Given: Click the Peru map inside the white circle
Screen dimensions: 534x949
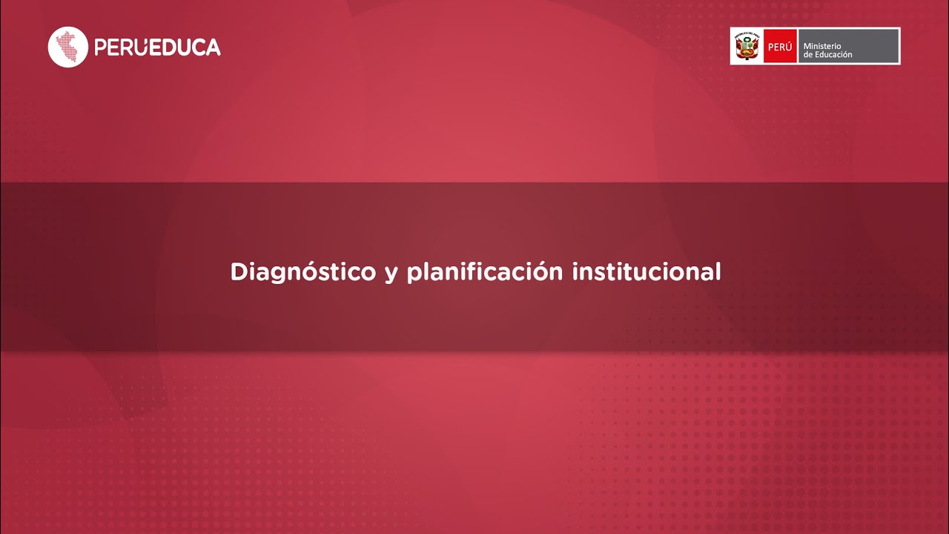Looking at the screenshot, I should (68, 47).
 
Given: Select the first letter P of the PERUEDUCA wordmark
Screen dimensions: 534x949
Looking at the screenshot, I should (101, 47).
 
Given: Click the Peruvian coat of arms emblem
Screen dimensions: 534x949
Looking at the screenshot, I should (747, 46).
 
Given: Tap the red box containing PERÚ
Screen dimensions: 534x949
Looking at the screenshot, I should (780, 46).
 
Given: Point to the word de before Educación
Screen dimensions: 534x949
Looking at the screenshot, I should (808, 55).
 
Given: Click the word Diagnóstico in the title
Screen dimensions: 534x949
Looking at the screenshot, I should (302, 272).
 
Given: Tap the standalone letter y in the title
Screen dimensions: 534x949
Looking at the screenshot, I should (391, 274).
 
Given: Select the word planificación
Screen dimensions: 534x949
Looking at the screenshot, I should (485, 272).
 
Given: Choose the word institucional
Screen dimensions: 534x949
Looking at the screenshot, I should (647, 271).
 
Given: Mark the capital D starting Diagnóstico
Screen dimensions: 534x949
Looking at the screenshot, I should (238, 271).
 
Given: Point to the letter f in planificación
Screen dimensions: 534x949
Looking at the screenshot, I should (475, 271).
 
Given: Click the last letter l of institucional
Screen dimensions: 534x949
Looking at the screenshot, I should (718, 271).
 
